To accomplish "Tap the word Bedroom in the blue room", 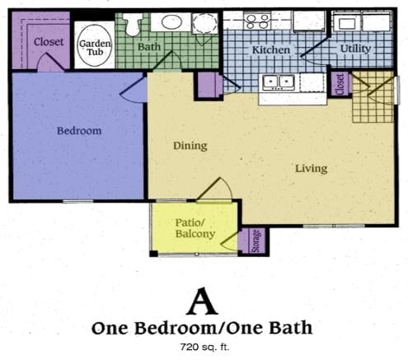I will (79, 131).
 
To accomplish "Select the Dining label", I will (190, 146).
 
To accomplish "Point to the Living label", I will (311, 169).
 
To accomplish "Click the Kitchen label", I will (271, 50).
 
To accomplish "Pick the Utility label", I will (354, 49).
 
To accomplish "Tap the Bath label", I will (149, 47).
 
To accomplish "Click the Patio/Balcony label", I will (195, 228).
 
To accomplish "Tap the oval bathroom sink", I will (171, 22).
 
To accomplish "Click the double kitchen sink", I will (279, 82).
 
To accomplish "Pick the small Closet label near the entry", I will (340, 83).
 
